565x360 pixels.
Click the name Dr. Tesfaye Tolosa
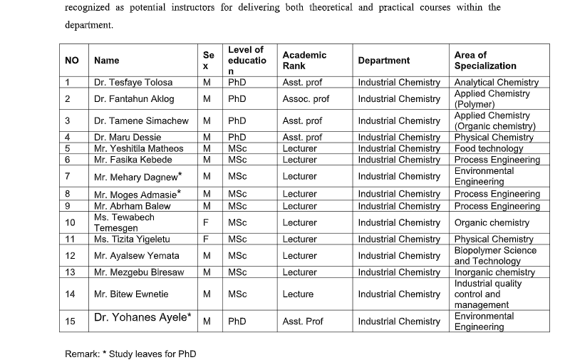133,83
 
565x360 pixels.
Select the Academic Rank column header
304,61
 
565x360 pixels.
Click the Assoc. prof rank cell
306,99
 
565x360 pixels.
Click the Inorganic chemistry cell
494,272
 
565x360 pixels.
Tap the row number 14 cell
70,294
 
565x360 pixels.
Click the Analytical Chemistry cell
496,83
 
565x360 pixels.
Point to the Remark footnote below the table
130,354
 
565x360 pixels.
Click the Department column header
384,61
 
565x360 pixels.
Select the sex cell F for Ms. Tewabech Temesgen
206,222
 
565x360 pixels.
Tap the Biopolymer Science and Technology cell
495,255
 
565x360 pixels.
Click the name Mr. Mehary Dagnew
138,175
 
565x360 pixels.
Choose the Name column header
107,61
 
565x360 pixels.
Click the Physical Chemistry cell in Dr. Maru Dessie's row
494,137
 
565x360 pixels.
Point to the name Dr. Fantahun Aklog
134,99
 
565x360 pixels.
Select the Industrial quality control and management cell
488,294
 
